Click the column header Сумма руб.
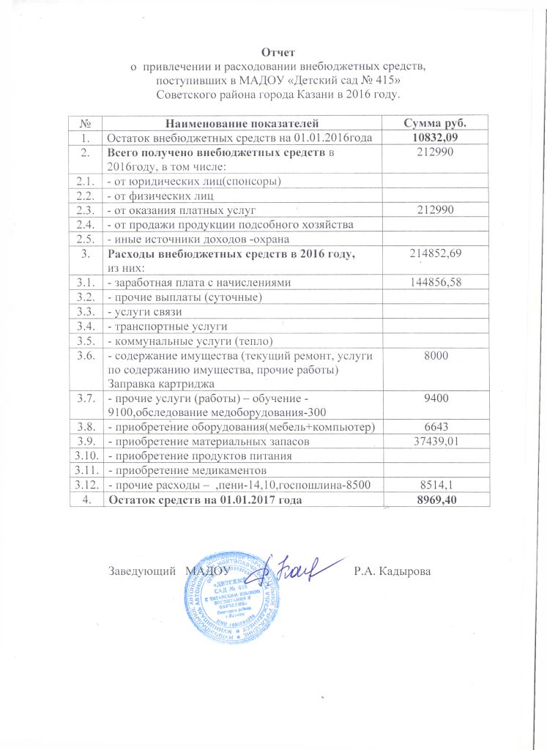click(x=436, y=122)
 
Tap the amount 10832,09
click(x=436, y=136)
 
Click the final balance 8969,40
click(x=436, y=499)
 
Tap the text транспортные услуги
click(x=168, y=326)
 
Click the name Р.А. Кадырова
click(x=392, y=570)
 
